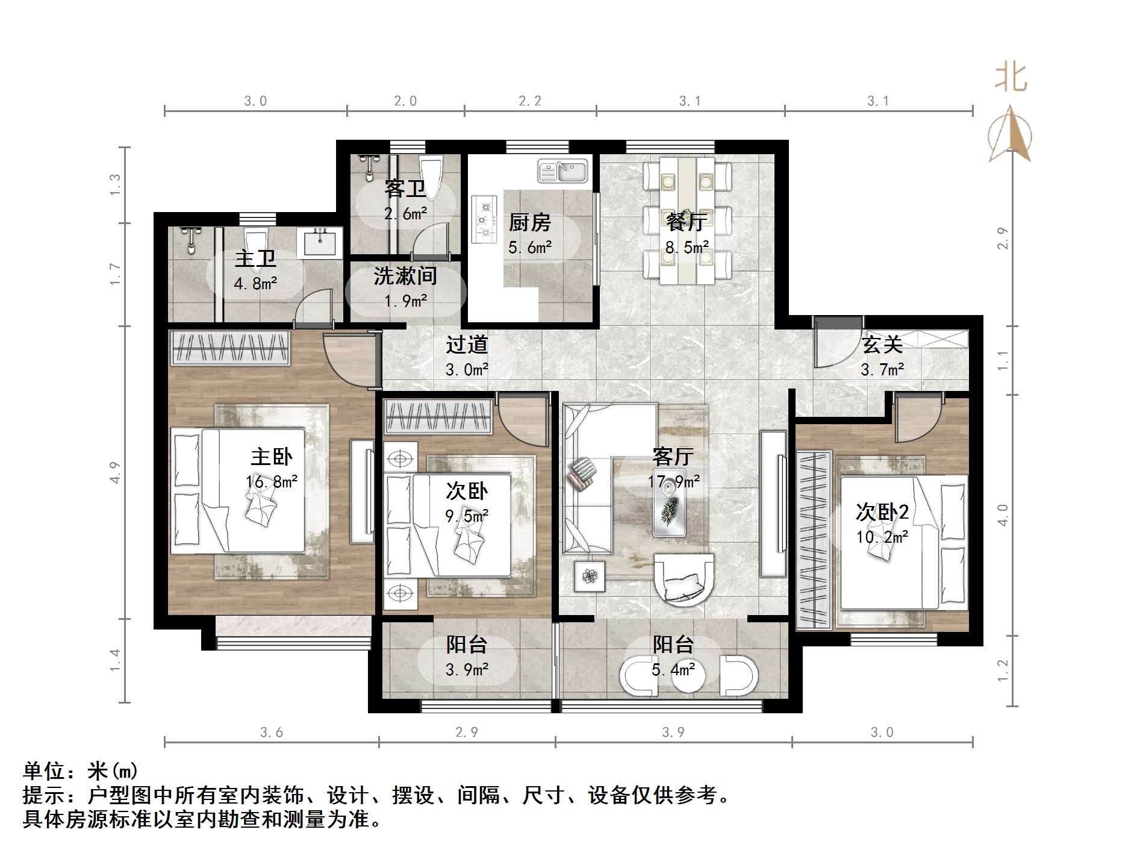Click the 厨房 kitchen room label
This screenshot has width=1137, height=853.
(529, 223)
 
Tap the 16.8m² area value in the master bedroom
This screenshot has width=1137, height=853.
(272, 482)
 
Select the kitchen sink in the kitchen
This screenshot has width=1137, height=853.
(562, 171)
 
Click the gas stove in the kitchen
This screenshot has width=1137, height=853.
(484, 219)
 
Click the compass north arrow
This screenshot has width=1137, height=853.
(1010, 134)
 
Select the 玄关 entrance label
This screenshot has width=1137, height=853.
(882, 345)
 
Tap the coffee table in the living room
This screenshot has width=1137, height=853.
(670, 507)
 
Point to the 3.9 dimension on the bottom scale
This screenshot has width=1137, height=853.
(673, 733)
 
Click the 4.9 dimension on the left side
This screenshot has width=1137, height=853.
(115, 472)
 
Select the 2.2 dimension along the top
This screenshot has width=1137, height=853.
(530, 101)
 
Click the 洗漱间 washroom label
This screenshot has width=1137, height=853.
(405, 277)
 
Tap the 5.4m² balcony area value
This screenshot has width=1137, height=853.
(673, 669)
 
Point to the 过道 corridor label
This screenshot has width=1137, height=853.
(467, 345)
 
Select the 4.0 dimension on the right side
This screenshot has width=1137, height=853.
(1003, 515)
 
